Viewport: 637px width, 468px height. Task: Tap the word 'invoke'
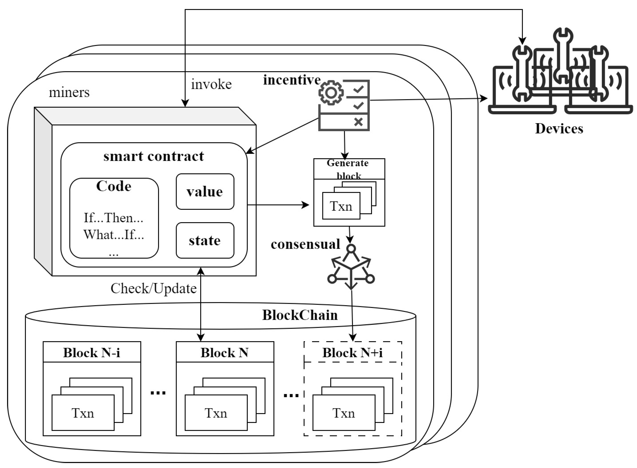(211, 84)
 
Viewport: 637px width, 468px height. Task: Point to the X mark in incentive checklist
(358, 122)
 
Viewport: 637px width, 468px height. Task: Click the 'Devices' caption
(559, 129)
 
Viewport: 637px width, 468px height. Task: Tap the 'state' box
(205, 241)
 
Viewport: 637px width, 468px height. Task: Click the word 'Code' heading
(113, 186)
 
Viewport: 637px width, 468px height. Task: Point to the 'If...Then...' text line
(113, 218)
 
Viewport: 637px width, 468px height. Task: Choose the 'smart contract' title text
(153, 156)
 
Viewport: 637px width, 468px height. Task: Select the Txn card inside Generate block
(341, 206)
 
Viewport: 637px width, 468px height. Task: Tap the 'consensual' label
(305, 244)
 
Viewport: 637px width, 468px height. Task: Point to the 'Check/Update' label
(153, 288)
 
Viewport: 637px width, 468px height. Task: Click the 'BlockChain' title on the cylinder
(300, 315)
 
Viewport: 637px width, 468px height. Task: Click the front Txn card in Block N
(216, 413)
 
